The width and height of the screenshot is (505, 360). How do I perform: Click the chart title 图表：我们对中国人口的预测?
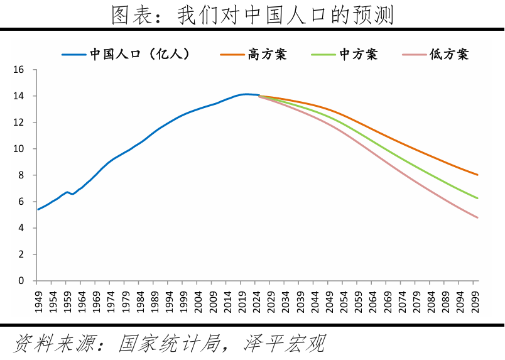tap(253, 14)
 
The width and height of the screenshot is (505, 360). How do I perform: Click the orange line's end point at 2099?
tap(477, 175)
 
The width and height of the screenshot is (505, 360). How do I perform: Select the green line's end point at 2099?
tap(477, 199)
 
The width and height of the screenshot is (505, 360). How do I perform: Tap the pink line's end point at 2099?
tap(477, 217)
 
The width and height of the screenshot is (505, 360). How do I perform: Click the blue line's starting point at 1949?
tap(38, 209)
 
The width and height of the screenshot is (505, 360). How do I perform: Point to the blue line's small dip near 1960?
tap(72, 194)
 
